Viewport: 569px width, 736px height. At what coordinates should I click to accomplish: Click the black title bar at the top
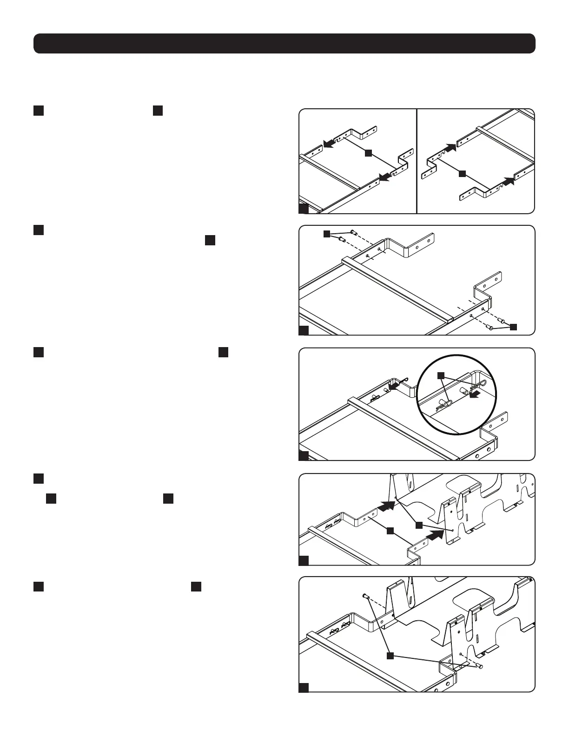click(284, 43)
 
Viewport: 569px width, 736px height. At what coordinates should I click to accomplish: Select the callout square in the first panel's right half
click(462, 174)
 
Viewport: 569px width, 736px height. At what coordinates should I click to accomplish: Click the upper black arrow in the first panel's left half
click(330, 144)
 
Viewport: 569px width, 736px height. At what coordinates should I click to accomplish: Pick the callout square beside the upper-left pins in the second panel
click(327, 233)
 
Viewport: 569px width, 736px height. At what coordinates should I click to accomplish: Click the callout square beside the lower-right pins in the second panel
click(513, 326)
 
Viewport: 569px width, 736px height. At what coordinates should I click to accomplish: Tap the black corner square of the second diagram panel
click(304, 330)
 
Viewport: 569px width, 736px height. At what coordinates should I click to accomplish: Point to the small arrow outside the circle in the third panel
click(394, 385)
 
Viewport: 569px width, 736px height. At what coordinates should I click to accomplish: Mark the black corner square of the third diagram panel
click(304, 455)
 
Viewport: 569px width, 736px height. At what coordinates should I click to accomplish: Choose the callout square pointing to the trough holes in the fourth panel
click(418, 525)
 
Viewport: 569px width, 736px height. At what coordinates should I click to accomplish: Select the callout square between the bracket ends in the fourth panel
click(390, 530)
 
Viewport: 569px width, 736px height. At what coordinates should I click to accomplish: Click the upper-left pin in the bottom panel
click(365, 596)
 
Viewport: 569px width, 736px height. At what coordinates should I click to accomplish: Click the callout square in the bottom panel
click(390, 655)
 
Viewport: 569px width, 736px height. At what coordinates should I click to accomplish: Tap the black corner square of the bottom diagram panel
click(304, 688)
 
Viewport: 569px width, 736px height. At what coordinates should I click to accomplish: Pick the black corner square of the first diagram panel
click(304, 208)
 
